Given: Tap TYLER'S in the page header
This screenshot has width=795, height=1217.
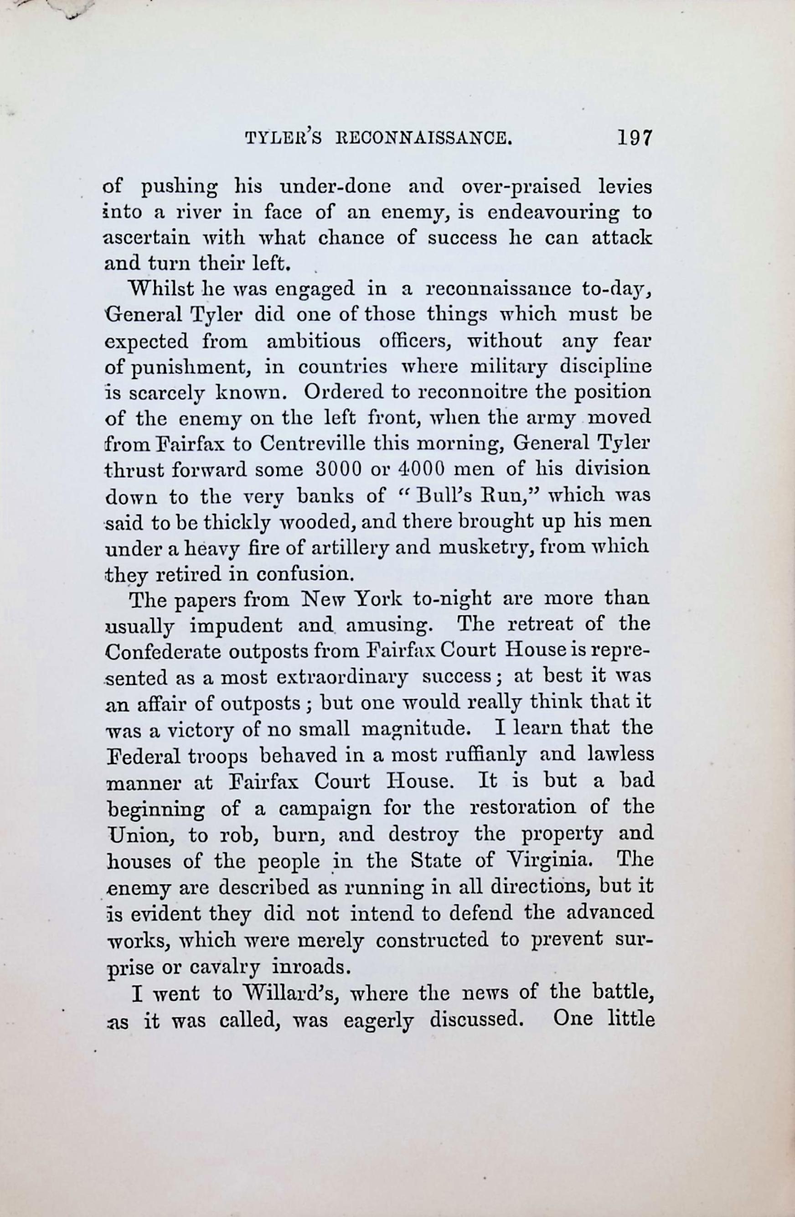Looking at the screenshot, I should click(x=283, y=139).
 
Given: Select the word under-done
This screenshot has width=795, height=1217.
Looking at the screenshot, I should click(x=335, y=187).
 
